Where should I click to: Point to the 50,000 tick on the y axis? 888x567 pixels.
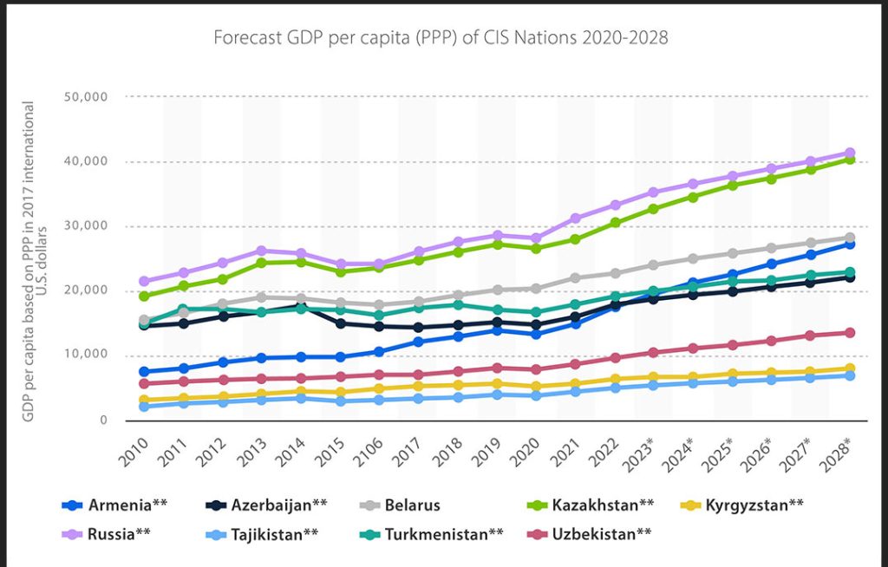(86, 96)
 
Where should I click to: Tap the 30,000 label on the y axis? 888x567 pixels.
(86, 225)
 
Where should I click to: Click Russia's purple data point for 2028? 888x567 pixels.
(850, 153)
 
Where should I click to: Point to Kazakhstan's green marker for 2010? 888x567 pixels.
(144, 296)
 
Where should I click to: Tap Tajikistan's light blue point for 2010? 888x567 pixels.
(144, 406)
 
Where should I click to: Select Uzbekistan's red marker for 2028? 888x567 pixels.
(850, 333)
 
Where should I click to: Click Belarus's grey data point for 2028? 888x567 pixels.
(850, 238)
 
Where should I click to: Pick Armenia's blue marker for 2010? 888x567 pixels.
(144, 372)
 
